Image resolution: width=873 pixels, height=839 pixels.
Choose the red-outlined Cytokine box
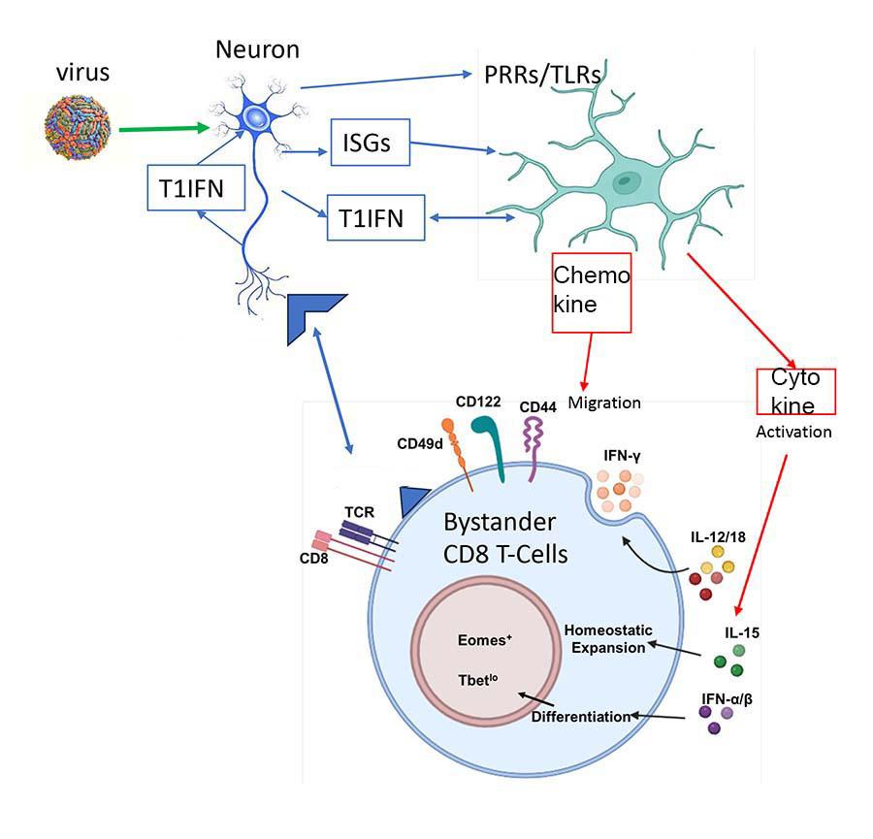[x=794, y=391]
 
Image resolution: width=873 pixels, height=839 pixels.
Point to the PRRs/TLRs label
[x=544, y=75]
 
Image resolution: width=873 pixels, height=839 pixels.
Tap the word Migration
[x=604, y=402]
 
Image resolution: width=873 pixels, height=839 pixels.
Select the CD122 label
[x=477, y=399]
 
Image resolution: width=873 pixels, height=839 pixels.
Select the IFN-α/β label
[x=726, y=696]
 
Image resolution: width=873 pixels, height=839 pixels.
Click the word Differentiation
[x=581, y=718]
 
